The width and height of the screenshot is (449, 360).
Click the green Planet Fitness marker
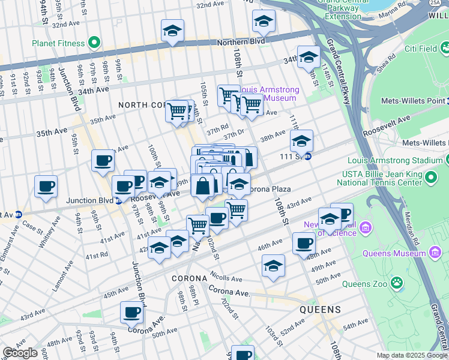pos(93,43)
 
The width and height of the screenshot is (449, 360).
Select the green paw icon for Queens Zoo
pos(397,282)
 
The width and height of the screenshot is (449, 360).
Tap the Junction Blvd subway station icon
pos(118,201)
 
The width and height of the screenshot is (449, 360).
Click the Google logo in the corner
pos(20,353)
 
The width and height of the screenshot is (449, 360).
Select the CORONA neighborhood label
pos(189,279)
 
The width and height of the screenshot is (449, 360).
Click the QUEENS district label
pos(321,310)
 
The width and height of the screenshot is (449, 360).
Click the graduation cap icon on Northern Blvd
pos(172,32)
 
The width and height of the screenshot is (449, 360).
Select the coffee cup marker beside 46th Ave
pos(304,243)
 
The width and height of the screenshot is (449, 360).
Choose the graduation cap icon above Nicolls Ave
pos(273,266)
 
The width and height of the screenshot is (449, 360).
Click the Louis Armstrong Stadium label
pos(395,161)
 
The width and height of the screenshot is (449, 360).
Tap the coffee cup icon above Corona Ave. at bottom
pos(131,312)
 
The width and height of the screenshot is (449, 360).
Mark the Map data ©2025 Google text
pos(412,355)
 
